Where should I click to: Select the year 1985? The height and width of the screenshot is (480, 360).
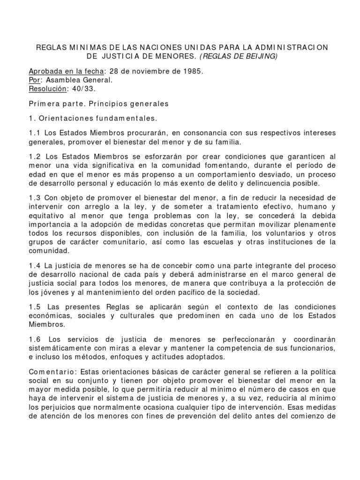click(193, 71)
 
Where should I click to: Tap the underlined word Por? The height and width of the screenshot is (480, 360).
click(35, 80)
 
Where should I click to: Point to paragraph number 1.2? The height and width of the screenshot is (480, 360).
click(35, 156)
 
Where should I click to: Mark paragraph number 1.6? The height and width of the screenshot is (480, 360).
click(35, 339)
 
